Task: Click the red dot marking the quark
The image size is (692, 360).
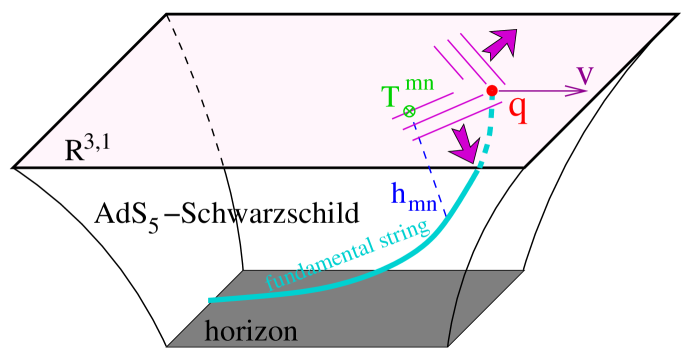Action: (x=492, y=91)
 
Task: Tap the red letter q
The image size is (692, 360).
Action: (x=517, y=107)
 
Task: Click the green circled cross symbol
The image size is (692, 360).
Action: (x=410, y=111)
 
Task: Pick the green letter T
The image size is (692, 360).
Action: (x=392, y=97)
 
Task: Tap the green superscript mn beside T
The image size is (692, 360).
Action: (x=419, y=84)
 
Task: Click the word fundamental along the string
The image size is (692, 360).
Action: (x=321, y=264)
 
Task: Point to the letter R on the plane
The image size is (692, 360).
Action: (x=75, y=151)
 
